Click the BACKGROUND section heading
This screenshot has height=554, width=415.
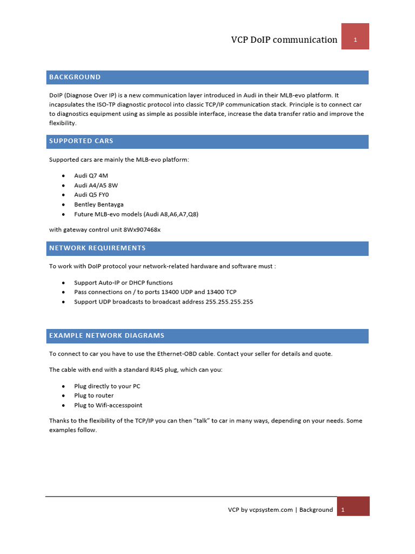[75, 77]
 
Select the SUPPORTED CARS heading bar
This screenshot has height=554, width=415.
[81, 141]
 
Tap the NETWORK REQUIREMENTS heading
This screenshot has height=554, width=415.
[97, 248]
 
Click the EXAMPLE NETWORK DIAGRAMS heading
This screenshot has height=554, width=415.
[106, 336]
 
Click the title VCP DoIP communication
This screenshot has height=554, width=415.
[284, 39]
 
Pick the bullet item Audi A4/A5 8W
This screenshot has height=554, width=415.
[96, 186]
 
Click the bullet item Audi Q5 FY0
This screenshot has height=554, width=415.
[91, 195]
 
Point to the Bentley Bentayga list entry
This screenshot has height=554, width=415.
[99, 205]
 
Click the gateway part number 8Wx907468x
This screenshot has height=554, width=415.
[142, 230]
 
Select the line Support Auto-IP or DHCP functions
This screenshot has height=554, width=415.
[123, 283]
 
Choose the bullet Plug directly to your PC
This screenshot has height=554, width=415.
[107, 386]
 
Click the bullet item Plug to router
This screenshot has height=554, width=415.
[93, 395]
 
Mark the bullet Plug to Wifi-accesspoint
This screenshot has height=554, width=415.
[108, 405]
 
